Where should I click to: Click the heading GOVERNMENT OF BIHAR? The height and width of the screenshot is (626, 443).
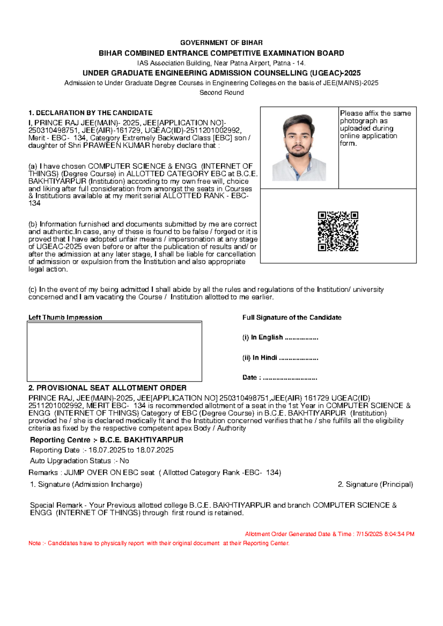coord(221,43)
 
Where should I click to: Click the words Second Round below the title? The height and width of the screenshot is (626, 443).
coord(221,93)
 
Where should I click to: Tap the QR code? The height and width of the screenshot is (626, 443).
coord(338,231)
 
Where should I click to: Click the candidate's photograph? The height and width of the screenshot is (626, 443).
coord(299,147)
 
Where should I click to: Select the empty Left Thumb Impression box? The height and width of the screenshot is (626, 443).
coord(114,351)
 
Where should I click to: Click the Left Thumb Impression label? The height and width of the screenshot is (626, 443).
coord(65,317)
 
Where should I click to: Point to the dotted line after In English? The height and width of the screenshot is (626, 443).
coord(302,338)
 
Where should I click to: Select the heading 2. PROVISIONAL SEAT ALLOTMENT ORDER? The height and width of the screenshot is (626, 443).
coord(107,388)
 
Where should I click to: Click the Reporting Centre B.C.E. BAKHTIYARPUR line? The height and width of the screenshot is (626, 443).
coord(106,440)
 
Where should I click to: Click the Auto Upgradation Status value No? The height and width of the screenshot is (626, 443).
coord(124,461)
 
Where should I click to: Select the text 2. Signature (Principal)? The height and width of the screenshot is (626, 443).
coord(375,484)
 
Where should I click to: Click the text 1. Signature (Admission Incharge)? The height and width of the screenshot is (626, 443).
coord(86,484)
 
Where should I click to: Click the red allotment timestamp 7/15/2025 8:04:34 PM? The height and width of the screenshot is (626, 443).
coord(385,534)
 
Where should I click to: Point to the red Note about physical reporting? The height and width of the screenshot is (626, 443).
coord(159,543)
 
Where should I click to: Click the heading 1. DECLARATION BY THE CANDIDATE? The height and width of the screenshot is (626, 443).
coord(90,113)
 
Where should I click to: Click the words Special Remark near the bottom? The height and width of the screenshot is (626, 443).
coord(56,505)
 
